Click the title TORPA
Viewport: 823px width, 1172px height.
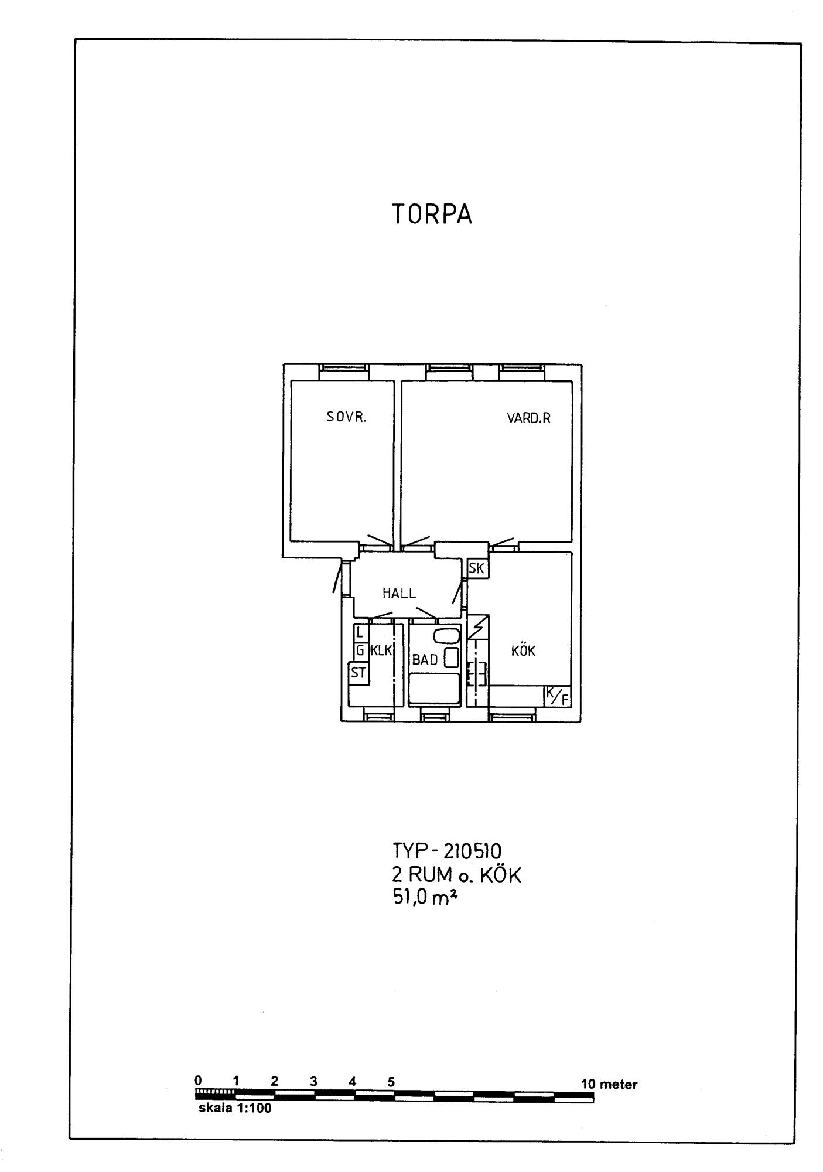(431, 215)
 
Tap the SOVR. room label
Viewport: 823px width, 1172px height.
(346, 417)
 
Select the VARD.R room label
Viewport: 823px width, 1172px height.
(528, 418)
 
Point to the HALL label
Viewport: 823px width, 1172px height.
(399, 593)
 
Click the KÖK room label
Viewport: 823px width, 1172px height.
(523, 651)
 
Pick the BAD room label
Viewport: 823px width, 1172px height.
(425, 660)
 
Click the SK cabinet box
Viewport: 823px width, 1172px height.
(477, 568)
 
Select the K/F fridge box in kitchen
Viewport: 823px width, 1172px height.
(557, 696)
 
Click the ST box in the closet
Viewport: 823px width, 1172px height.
(358, 673)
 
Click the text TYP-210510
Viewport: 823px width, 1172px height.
(447, 850)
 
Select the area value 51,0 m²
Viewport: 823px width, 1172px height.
(424, 898)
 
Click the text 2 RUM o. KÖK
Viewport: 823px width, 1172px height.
(456, 875)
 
